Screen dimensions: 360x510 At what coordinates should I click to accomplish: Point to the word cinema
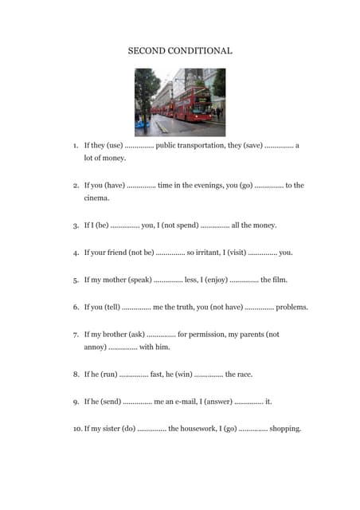(97, 198)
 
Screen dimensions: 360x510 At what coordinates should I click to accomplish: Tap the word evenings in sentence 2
(208, 186)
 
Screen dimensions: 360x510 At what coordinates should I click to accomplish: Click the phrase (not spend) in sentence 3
(179, 226)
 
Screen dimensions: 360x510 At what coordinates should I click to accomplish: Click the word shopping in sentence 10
(284, 429)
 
